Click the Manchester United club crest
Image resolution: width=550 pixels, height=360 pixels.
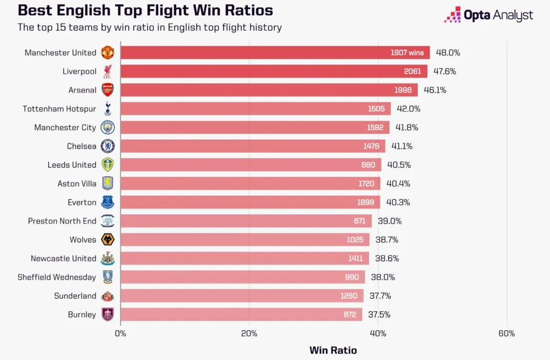[x=107, y=53]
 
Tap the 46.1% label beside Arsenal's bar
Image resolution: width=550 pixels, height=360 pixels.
[x=435, y=90]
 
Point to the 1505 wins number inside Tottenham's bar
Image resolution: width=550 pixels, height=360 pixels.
[x=376, y=109]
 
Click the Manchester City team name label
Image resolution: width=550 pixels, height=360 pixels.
[x=65, y=128]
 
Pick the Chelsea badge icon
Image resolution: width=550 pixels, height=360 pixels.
[x=107, y=146]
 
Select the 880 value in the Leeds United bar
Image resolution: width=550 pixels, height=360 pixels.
[x=368, y=165]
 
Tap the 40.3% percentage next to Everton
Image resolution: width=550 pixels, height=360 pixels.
[x=398, y=203]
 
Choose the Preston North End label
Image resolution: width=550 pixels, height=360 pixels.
[x=62, y=221]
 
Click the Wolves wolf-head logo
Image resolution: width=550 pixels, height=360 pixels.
[x=107, y=240]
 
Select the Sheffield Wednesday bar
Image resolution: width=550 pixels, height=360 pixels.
[x=242, y=277]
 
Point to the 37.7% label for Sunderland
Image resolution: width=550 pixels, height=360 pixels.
[x=380, y=296]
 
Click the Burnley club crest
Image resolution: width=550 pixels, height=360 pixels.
[x=107, y=315]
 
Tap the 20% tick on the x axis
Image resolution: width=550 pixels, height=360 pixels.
[x=249, y=334]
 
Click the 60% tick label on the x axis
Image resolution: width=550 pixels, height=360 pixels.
[x=507, y=334]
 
